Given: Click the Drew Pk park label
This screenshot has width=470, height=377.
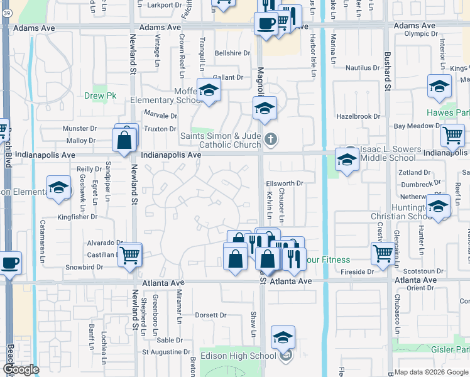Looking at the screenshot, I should [97, 96].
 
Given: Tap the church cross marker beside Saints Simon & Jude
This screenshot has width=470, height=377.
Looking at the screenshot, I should [271, 139].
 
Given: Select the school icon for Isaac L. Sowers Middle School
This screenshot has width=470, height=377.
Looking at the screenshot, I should [347, 160].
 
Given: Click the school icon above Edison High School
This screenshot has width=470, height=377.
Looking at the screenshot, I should [283, 337].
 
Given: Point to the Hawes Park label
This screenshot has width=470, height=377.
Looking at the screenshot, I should [448, 113].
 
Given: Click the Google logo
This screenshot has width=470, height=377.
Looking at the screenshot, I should [21, 369].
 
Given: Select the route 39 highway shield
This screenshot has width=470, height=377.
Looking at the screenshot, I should [6, 19].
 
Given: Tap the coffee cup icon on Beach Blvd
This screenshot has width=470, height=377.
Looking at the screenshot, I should [10, 262].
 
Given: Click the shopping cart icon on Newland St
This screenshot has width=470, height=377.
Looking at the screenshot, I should [129, 255].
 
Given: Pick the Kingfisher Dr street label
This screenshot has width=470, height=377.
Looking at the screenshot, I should [77, 217].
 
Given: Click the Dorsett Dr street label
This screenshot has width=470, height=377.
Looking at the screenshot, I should [210, 315].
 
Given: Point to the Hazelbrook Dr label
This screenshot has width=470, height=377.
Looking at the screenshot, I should [358, 116].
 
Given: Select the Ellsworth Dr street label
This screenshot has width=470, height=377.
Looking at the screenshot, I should [285, 183].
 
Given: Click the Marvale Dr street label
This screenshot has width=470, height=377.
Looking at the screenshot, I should [160, 116].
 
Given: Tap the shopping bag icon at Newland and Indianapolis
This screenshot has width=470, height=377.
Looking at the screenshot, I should [124, 139].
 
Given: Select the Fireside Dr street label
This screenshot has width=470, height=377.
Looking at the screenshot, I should [357, 272].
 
